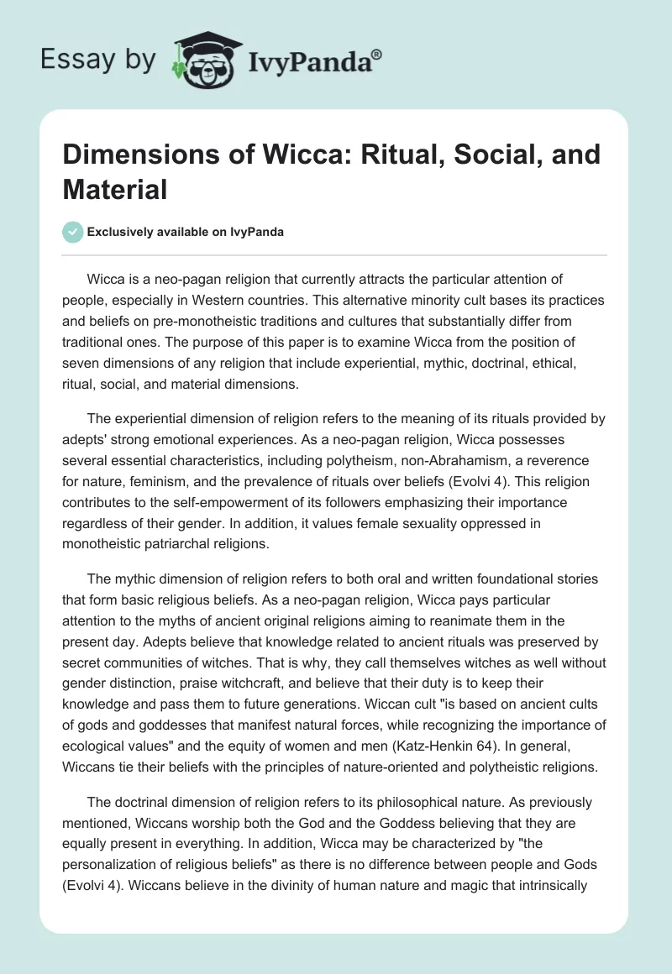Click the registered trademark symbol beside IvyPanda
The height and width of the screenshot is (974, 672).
tap(378, 54)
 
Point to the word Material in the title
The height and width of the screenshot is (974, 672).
tap(114, 189)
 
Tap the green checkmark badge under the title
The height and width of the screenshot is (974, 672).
tap(72, 232)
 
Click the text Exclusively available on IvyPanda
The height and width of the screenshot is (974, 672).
tap(186, 232)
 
